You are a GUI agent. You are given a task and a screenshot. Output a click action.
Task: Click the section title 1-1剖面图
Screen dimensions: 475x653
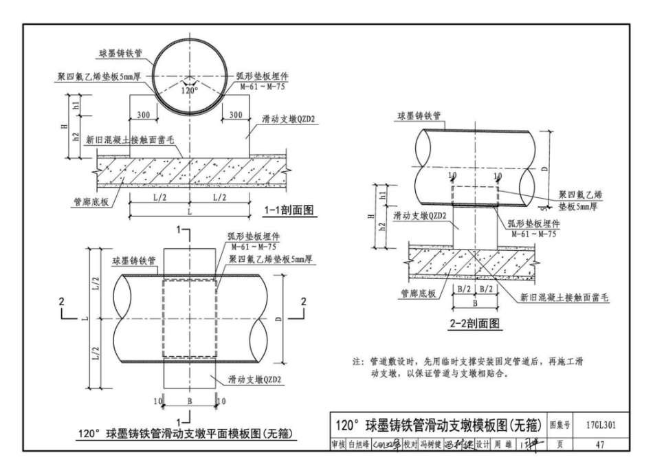[289, 210]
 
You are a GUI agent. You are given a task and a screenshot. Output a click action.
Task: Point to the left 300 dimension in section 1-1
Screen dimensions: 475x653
[144, 115]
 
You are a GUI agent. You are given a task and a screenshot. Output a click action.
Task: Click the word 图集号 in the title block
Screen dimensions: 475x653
[562, 425]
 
